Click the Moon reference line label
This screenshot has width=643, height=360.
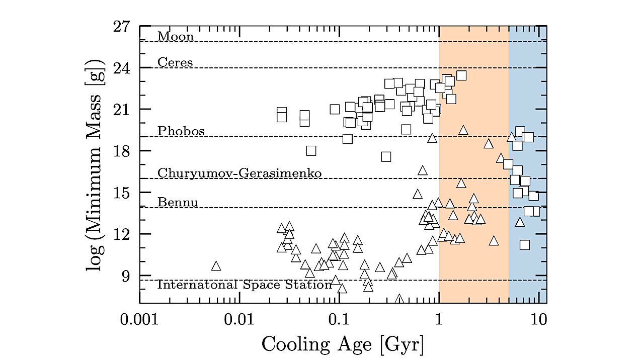[x=175, y=36]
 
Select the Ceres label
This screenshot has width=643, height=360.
[x=175, y=62]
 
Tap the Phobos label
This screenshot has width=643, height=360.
[x=181, y=131]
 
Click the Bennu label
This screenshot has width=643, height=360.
[x=178, y=202]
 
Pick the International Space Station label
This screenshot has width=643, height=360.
[x=245, y=285]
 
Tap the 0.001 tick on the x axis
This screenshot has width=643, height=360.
[x=140, y=320]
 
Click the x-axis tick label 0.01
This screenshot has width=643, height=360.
[x=239, y=320]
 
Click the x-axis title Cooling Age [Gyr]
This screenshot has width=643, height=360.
[x=342, y=344]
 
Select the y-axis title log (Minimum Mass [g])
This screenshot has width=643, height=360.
[x=95, y=165]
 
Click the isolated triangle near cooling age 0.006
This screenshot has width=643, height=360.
[x=216, y=266]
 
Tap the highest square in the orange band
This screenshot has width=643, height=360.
[x=461, y=75]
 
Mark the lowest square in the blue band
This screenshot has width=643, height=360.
[x=525, y=245]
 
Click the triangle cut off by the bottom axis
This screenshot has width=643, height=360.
[x=399, y=300]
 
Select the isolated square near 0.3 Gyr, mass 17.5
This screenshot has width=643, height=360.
[x=386, y=156]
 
